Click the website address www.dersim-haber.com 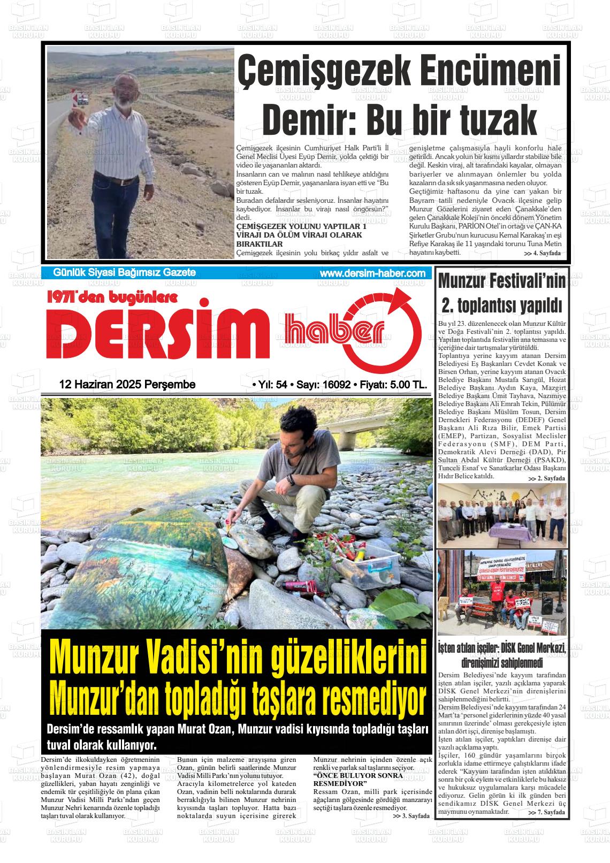click(372, 273)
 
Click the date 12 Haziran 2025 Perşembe click(127, 385)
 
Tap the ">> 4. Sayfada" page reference click(542, 253)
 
